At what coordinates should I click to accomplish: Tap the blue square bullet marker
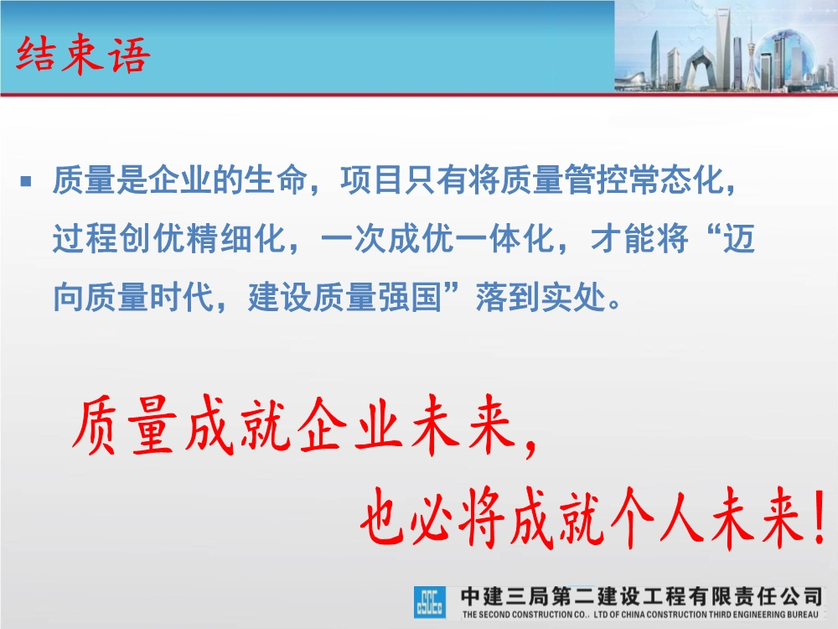(x=26, y=181)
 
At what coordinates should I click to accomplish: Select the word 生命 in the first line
(x=276, y=179)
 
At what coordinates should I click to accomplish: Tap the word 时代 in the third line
(x=181, y=297)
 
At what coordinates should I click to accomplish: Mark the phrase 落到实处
(x=541, y=297)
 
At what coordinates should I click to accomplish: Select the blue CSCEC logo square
(x=430, y=602)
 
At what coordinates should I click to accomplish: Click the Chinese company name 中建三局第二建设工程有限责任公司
(x=641, y=595)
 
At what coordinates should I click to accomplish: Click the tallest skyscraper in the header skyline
(x=723, y=48)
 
